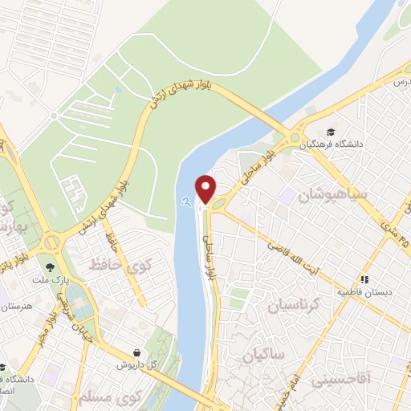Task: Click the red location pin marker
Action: coord(206,188)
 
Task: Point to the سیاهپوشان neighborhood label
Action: coord(331,195)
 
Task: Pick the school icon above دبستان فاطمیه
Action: coord(365,279)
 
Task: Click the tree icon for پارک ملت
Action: coord(51,266)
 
